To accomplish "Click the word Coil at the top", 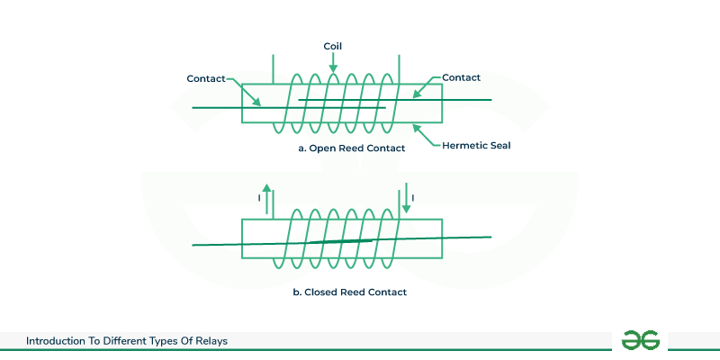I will click(332, 44).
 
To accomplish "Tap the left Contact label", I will click(205, 78).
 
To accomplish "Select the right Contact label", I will click(461, 78).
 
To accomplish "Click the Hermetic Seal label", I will click(477, 146).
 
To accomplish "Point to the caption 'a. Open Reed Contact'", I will click(351, 148).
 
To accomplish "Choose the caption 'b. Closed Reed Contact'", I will click(351, 292).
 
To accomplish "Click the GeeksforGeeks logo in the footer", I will click(640, 340).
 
